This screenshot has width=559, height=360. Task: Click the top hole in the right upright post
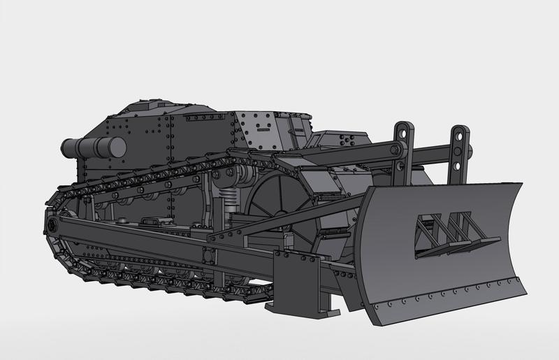click(x=460, y=132)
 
